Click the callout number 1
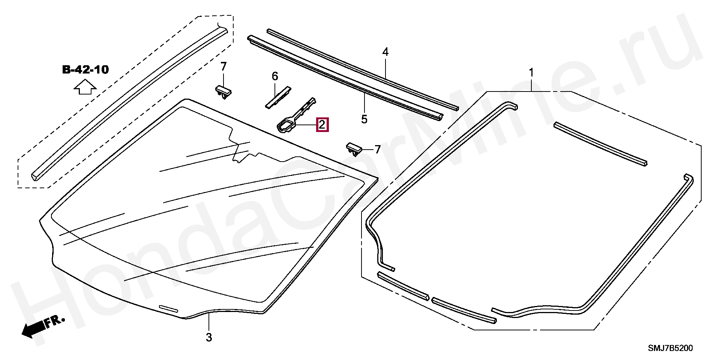[531, 72]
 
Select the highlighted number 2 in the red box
[322, 124]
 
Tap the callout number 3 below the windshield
[209, 337]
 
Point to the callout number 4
[385, 52]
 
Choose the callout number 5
[364, 119]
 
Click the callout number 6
[275, 76]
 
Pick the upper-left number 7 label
[223, 67]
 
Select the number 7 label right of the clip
[377, 150]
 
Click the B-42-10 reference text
[85, 70]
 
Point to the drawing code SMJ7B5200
[670, 348]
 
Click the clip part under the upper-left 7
[223, 91]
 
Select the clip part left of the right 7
[354, 149]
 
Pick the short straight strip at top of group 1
[600, 144]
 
